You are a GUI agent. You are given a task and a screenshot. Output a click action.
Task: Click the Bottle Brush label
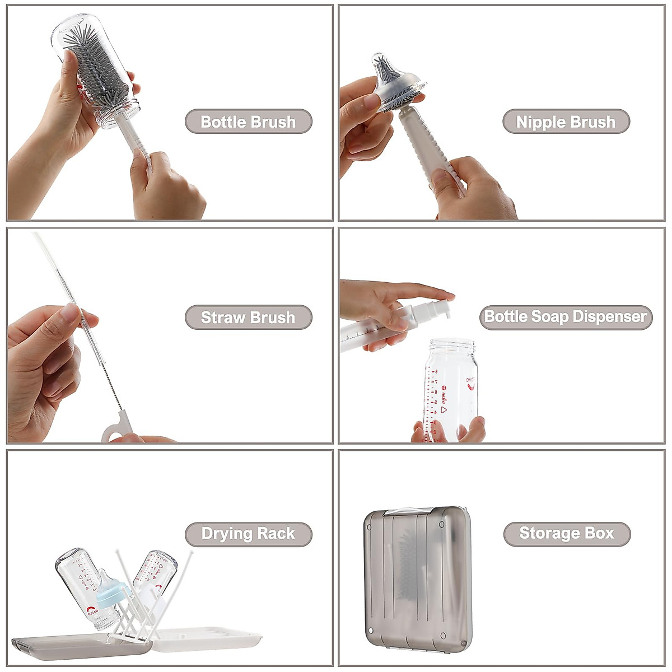click(248, 122)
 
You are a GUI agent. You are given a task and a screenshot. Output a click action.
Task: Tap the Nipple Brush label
click(566, 122)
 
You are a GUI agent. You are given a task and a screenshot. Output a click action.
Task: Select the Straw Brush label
click(248, 318)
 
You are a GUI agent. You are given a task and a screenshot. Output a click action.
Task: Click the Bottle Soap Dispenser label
click(566, 317)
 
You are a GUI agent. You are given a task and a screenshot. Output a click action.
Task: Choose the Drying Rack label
click(248, 534)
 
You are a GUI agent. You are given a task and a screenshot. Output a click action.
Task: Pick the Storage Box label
click(567, 533)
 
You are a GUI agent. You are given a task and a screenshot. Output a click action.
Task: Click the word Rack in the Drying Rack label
click(276, 534)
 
